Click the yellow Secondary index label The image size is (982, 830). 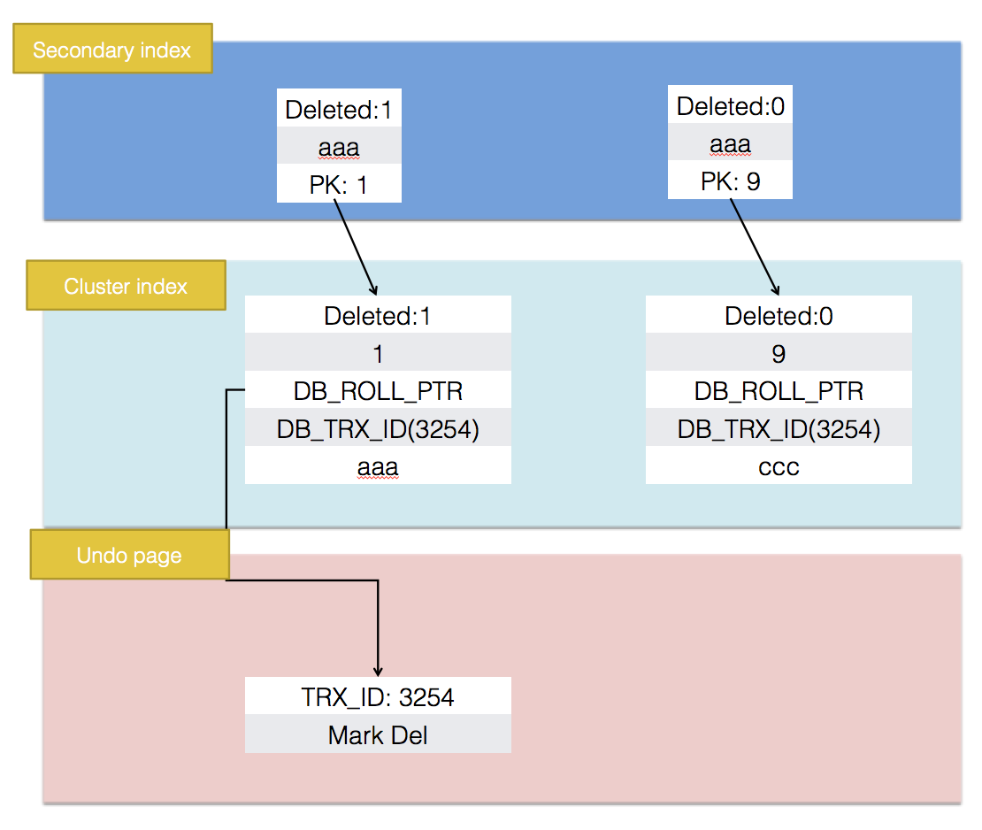[112, 49]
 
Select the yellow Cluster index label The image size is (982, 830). [126, 286]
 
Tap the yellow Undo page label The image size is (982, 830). [130, 555]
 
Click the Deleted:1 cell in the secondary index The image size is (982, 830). [339, 108]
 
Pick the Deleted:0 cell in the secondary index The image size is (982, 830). [730, 104]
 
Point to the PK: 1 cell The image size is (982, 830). [339, 183]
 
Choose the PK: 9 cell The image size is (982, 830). [730, 181]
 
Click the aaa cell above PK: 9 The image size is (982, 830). [730, 142]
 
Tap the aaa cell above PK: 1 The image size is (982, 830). [339, 146]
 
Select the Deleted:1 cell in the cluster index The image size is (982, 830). [378, 314]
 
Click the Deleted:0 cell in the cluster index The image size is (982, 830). [779, 314]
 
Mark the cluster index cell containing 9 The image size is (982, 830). [779, 352]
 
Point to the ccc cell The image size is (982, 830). [779, 465]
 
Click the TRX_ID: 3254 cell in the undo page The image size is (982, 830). [378, 696]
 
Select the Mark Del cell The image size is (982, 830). [378, 734]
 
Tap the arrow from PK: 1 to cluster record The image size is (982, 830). [356, 248]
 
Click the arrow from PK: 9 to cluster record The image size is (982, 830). [755, 247]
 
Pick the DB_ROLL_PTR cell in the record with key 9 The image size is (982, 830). [779, 389]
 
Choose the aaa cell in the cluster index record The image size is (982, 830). [378, 465]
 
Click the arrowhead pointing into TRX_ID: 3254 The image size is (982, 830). [378, 672]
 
